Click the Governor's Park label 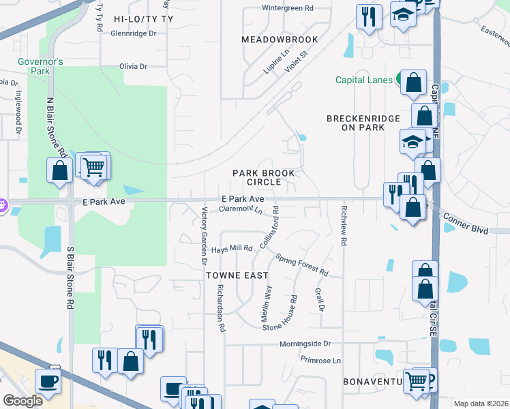click(41, 65)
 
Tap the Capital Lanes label click(364, 80)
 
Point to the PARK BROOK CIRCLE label click(256, 177)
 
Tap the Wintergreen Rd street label click(287, 9)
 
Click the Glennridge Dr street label click(133, 33)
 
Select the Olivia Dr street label click(134, 66)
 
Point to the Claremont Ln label click(239, 209)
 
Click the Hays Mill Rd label click(232, 249)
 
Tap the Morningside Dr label click(307, 344)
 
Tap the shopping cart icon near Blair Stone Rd click(93, 166)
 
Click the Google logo click(22, 401)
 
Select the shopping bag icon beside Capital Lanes click(413, 83)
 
